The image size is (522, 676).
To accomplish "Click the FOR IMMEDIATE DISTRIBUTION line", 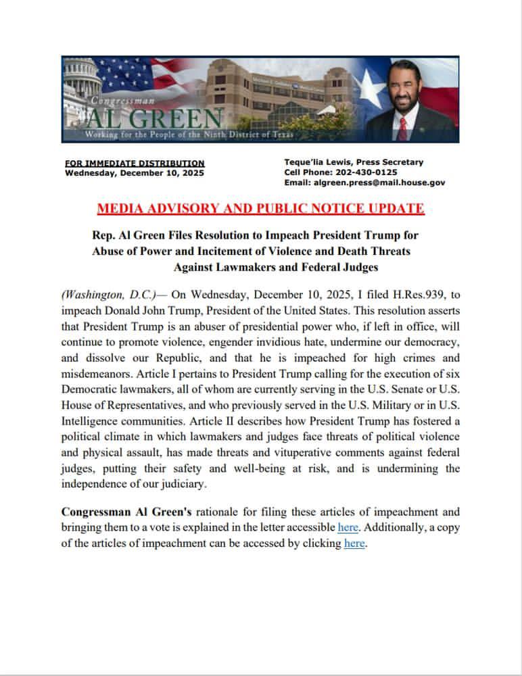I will (135, 163).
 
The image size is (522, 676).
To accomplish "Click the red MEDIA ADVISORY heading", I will (260, 208).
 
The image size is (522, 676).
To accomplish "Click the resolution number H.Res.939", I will (394, 295).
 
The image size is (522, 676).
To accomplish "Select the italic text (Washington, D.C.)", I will (108, 295).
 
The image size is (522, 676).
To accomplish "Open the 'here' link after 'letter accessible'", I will (348, 527).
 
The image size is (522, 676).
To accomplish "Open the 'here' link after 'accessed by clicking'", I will (354, 543).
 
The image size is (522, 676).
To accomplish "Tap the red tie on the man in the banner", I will (404, 126).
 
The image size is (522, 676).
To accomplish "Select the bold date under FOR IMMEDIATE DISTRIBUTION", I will (134, 172).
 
